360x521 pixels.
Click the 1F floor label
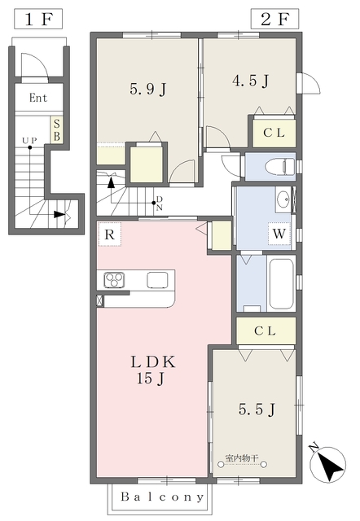[x=38, y=20]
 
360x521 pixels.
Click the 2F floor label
[x=274, y=20]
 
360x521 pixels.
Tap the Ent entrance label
[x=38, y=98]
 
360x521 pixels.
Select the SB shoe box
[x=57, y=129]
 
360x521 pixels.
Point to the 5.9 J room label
[x=148, y=89]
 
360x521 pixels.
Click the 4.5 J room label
[x=250, y=81]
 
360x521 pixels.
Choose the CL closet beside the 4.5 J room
[x=274, y=133]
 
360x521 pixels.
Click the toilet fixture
[x=280, y=166]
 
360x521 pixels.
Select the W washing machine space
[x=279, y=234]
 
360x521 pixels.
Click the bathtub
[x=281, y=283]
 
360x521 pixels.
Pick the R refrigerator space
[x=110, y=234]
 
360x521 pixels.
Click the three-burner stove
[x=114, y=280]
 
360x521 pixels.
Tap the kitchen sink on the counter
[x=157, y=280]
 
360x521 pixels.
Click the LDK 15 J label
[x=151, y=370]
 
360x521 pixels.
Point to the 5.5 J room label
[x=257, y=409]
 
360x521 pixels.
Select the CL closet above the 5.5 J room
[x=266, y=331]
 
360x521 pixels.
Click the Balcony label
[x=162, y=497]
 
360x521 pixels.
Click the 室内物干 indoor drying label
[x=242, y=458]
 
